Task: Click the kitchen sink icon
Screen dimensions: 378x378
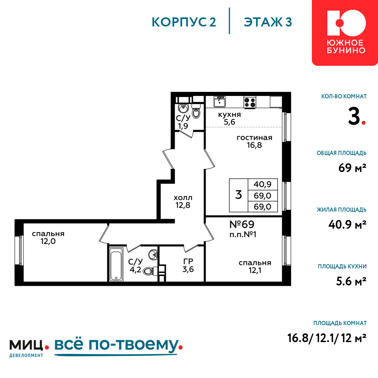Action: (219, 101)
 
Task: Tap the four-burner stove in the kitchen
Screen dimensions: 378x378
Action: (250, 102)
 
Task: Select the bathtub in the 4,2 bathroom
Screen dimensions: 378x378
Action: (116, 264)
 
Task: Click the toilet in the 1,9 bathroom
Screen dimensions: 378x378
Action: (196, 112)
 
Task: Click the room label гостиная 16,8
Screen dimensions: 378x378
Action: (254, 141)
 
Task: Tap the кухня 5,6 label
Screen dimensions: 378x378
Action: (229, 118)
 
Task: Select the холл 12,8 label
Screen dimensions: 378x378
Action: (183, 201)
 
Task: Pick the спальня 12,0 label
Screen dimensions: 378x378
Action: (48, 237)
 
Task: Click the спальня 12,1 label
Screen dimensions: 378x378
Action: (255, 266)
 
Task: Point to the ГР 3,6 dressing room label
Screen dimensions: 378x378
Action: (188, 265)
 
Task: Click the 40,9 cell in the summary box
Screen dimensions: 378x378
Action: (263, 184)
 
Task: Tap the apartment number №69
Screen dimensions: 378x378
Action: (242, 225)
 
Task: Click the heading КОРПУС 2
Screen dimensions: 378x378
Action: (184, 22)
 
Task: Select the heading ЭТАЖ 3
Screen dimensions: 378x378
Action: (268, 22)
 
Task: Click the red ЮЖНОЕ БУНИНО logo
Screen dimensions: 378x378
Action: (345, 33)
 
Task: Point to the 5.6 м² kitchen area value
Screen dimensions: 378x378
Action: (351, 281)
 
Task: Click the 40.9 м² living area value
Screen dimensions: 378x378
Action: (347, 225)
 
